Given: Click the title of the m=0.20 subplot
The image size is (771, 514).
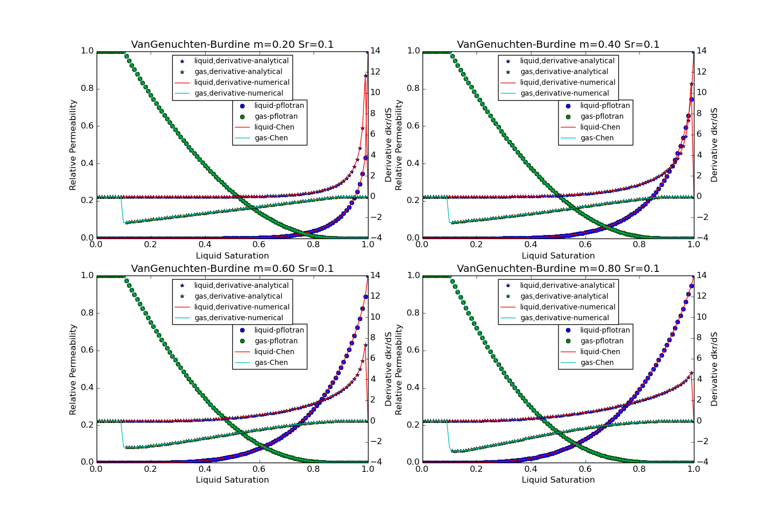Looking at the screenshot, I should (x=232, y=45).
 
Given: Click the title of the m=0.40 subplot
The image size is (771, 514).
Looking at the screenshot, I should (x=558, y=45).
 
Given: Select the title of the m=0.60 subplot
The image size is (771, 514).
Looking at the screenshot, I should (x=232, y=269).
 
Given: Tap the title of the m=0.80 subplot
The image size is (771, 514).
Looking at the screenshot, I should (x=558, y=269).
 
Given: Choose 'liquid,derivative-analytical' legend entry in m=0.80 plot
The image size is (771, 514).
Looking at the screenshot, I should (x=567, y=286).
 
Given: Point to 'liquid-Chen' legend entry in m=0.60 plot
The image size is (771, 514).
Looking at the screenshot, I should (x=274, y=352).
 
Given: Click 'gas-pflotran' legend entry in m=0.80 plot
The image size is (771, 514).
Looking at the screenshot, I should (x=602, y=341).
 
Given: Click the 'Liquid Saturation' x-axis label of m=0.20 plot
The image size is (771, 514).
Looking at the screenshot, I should (x=232, y=256).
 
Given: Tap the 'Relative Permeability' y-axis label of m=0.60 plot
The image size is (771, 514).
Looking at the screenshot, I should (x=73, y=369).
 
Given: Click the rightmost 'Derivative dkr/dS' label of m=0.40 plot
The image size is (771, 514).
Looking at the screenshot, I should (x=714, y=145).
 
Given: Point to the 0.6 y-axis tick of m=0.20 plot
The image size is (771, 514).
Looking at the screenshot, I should (x=87, y=126).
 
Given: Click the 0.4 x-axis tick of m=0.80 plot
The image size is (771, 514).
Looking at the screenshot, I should (x=531, y=470).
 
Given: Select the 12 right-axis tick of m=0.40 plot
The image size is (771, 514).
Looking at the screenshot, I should (x=701, y=72).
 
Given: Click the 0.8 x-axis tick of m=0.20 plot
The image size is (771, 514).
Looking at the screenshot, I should (x=314, y=245).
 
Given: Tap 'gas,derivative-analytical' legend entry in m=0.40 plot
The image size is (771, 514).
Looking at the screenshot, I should (x=564, y=72).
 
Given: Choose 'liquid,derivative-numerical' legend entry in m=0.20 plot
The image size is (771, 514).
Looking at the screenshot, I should (x=242, y=83).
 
